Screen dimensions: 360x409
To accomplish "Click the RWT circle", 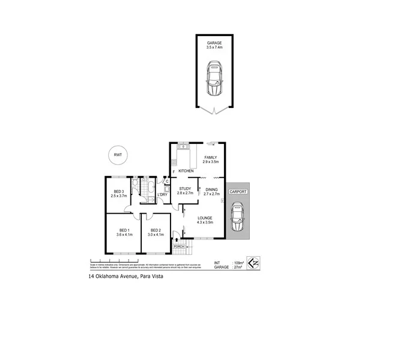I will tap(117, 155).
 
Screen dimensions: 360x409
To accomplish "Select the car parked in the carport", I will tap(238, 217).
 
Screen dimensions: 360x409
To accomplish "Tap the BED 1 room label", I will tap(124, 230).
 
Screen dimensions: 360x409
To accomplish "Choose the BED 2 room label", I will tap(155, 230).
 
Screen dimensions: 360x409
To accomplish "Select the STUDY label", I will tap(185, 189).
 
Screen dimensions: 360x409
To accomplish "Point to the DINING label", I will tap(212, 189).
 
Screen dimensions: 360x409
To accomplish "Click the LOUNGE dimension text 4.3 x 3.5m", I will tap(206, 223).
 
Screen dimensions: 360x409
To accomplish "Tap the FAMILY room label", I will tap(210, 158).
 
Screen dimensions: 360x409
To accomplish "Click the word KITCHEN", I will tap(186, 172).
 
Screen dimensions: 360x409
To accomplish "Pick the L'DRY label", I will tap(162, 194).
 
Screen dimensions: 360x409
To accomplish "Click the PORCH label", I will tap(178, 246).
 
